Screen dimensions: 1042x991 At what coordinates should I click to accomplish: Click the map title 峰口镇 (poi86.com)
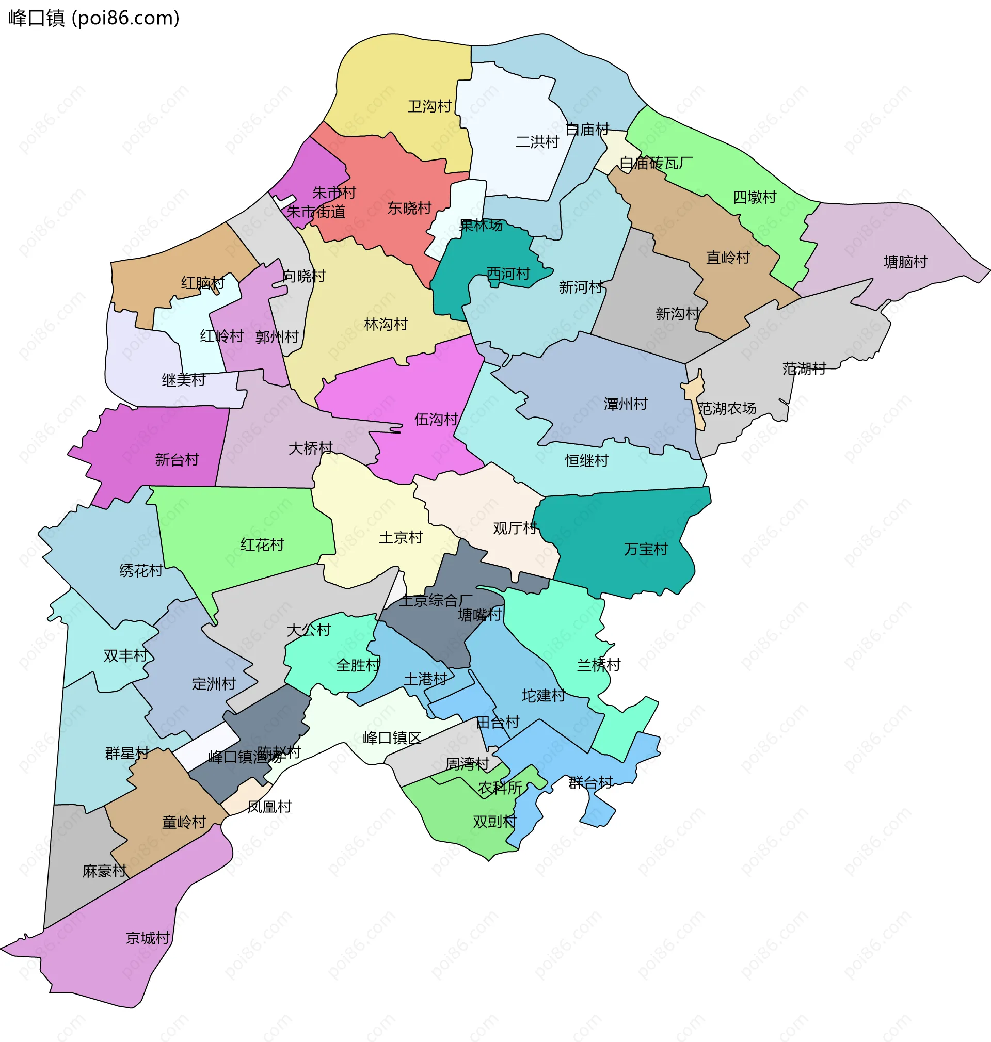coord(94,18)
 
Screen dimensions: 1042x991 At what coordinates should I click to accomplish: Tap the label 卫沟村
coord(429,106)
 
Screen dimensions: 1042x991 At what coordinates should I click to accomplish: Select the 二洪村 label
coord(537,141)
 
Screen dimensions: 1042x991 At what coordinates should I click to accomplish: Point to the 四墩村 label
coord(754,197)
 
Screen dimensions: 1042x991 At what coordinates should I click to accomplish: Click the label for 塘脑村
coord(905,262)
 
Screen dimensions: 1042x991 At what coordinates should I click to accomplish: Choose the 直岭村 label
coord(728,257)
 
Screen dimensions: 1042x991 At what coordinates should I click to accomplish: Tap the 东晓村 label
coord(409,207)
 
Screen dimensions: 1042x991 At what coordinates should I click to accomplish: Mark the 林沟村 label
coord(386,324)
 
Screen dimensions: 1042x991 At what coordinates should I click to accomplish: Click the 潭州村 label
coord(626,404)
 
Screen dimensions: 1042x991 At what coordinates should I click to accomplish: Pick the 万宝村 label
coord(646,549)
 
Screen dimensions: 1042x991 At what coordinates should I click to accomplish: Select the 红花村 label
coord(262,544)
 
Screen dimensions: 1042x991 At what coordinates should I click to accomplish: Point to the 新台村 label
coord(177,459)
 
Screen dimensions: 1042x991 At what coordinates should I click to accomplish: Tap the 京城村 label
coord(148,937)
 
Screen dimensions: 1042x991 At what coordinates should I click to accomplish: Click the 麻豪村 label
coord(105,870)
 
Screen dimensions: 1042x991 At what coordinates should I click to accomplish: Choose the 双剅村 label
coord(494,821)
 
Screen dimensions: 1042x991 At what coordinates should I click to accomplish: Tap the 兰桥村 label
coord(598,664)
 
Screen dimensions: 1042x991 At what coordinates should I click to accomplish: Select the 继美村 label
coord(183,379)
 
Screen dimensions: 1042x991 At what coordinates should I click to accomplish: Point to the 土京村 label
coord(401,537)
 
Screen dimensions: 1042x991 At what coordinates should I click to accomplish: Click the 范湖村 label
coord(804,368)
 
